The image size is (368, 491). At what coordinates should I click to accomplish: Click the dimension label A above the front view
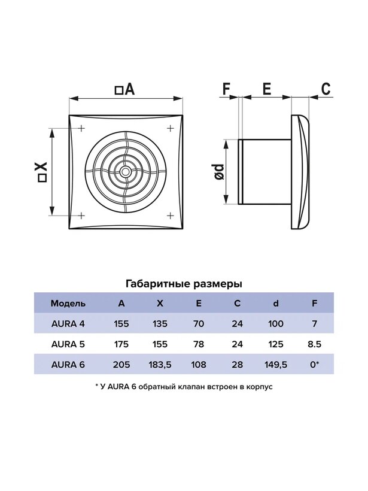click(x=125, y=89)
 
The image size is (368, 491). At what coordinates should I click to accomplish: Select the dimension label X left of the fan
click(x=42, y=172)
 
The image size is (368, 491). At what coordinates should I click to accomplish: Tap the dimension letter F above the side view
click(x=226, y=89)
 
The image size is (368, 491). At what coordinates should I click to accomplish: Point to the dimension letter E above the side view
click(x=267, y=89)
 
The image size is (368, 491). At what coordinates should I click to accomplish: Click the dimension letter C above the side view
click(x=326, y=89)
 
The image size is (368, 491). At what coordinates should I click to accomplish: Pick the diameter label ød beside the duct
click(x=220, y=172)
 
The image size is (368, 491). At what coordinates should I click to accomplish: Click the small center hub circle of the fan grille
click(x=126, y=172)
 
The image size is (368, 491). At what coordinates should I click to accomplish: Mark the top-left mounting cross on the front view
click(x=81, y=128)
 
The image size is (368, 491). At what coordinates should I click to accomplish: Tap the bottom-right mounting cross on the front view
click(x=170, y=216)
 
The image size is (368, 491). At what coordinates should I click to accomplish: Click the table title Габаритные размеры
click(x=184, y=284)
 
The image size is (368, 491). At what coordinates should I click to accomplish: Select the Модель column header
click(x=68, y=304)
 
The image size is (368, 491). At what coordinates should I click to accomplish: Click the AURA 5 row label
click(x=68, y=344)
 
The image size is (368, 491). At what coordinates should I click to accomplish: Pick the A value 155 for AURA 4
click(x=121, y=323)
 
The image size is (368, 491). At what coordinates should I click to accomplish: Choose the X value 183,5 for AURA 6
click(x=160, y=365)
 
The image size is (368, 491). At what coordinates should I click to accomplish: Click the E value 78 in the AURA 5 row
click(x=199, y=344)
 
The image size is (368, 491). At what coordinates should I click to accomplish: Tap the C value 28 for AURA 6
click(x=237, y=365)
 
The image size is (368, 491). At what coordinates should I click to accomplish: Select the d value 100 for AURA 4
click(x=276, y=323)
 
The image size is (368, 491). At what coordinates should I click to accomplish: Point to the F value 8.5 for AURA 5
click(x=315, y=344)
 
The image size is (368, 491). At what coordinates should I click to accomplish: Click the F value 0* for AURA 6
click(x=315, y=365)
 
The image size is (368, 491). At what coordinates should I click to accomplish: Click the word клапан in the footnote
click(x=191, y=387)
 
